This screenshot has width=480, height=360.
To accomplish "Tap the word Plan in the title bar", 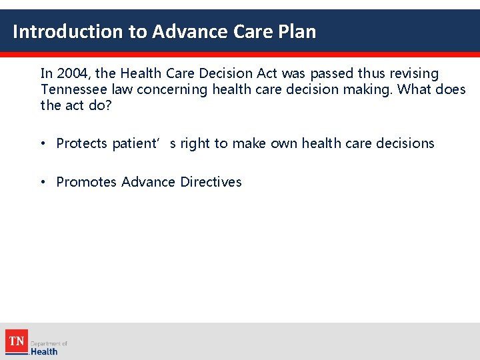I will (x=296, y=31).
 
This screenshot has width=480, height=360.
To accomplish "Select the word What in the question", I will (x=415, y=89).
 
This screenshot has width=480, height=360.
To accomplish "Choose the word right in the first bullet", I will (x=195, y=143).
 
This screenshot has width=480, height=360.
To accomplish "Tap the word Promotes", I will (x=86, y=182).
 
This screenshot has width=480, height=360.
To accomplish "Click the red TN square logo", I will (x=17, y=341).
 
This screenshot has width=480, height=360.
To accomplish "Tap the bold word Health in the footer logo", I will (x=45, y=351).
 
